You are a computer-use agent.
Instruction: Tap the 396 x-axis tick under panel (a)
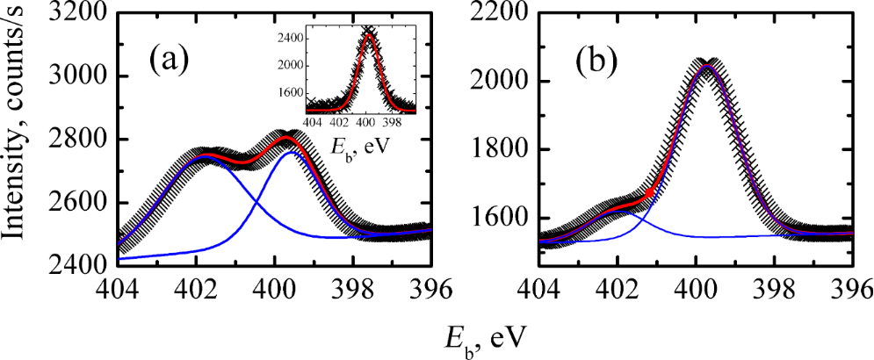coord(430,291)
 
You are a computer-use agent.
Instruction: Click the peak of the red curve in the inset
coord(369,36)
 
